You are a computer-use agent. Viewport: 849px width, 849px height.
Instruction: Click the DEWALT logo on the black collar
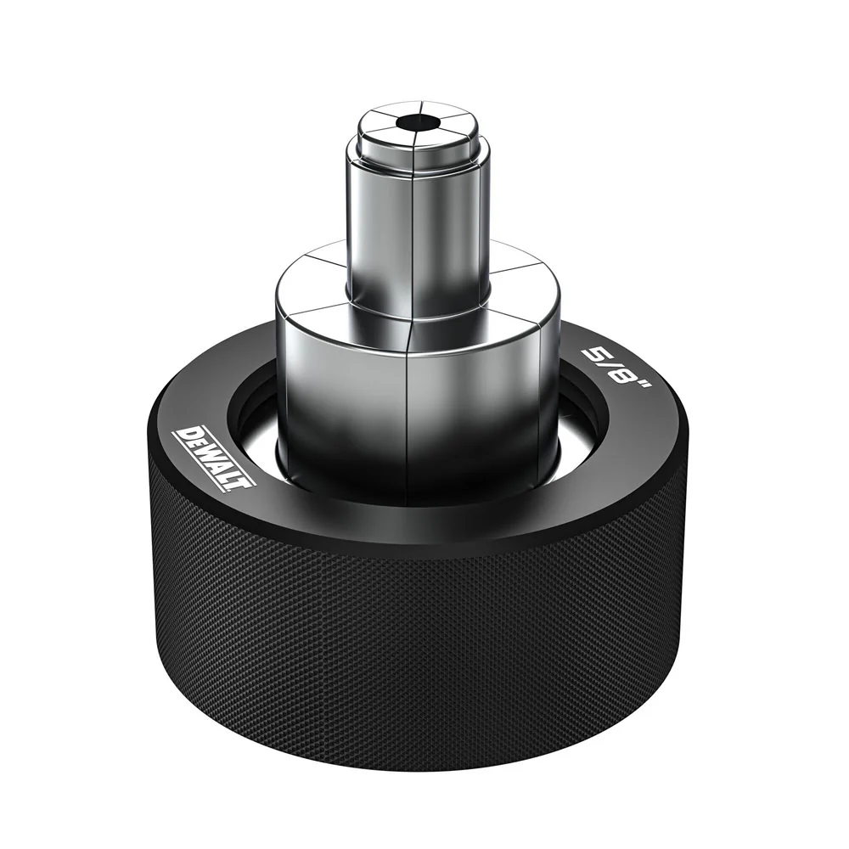pos(213,458)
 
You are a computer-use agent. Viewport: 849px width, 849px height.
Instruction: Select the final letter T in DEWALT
pos(245,484)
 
